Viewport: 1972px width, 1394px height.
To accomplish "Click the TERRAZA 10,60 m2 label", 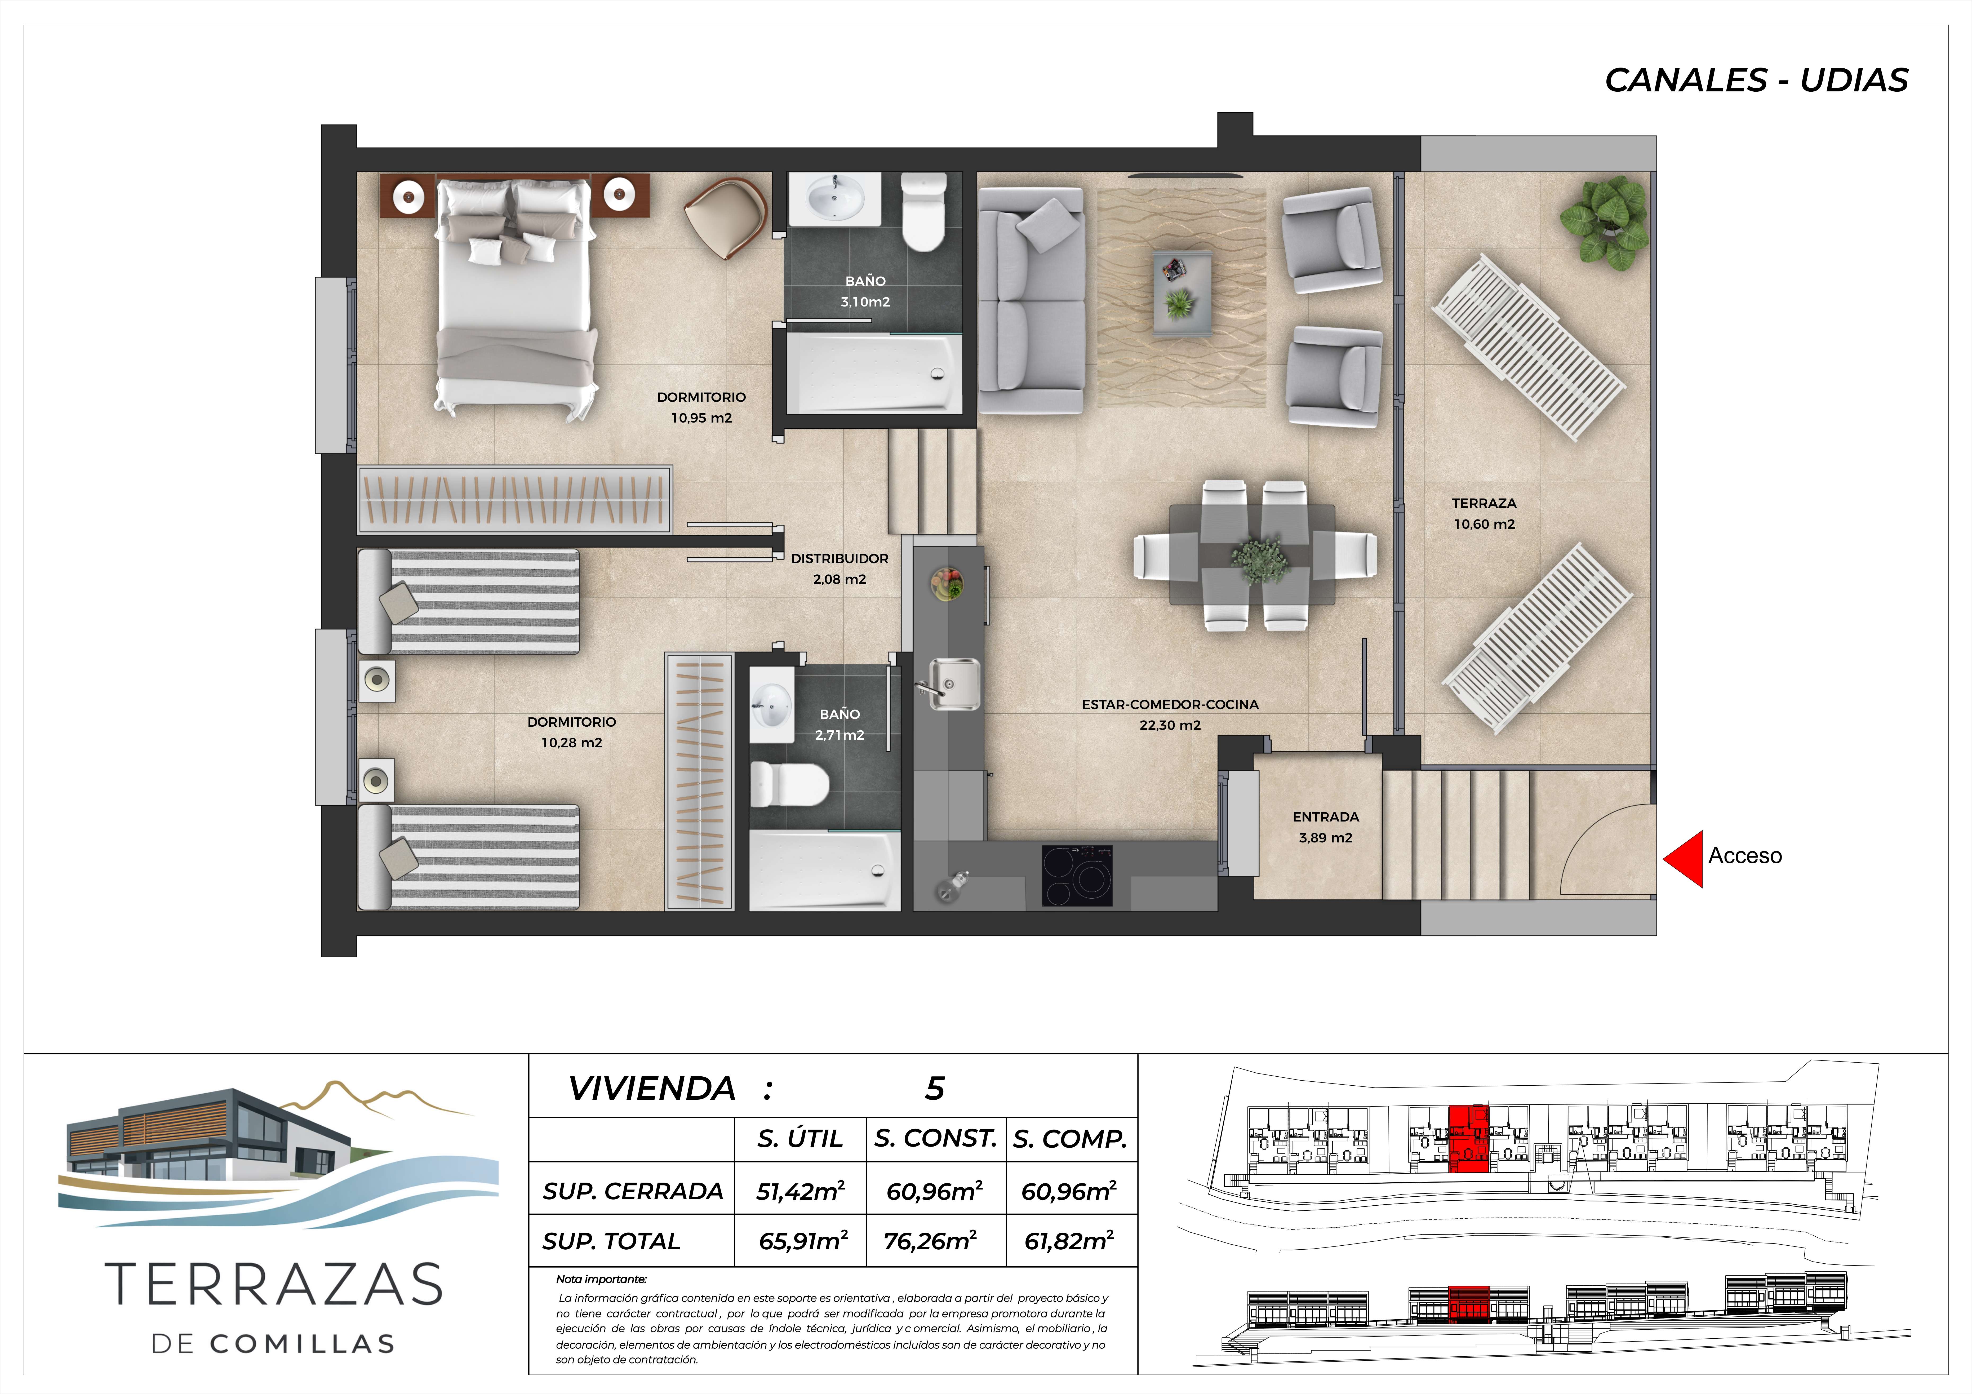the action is (1484, 514).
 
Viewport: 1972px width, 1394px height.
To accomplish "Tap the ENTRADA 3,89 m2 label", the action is (1325, 827).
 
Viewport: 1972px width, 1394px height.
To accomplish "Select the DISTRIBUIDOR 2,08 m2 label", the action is (839, 569).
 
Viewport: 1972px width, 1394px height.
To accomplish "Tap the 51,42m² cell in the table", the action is (801, 1191).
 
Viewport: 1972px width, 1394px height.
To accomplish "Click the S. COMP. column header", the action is (1069, 1139).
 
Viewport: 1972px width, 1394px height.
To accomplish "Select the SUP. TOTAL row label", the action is (611, 1241).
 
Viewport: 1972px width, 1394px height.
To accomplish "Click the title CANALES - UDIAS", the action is (1756, 80).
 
